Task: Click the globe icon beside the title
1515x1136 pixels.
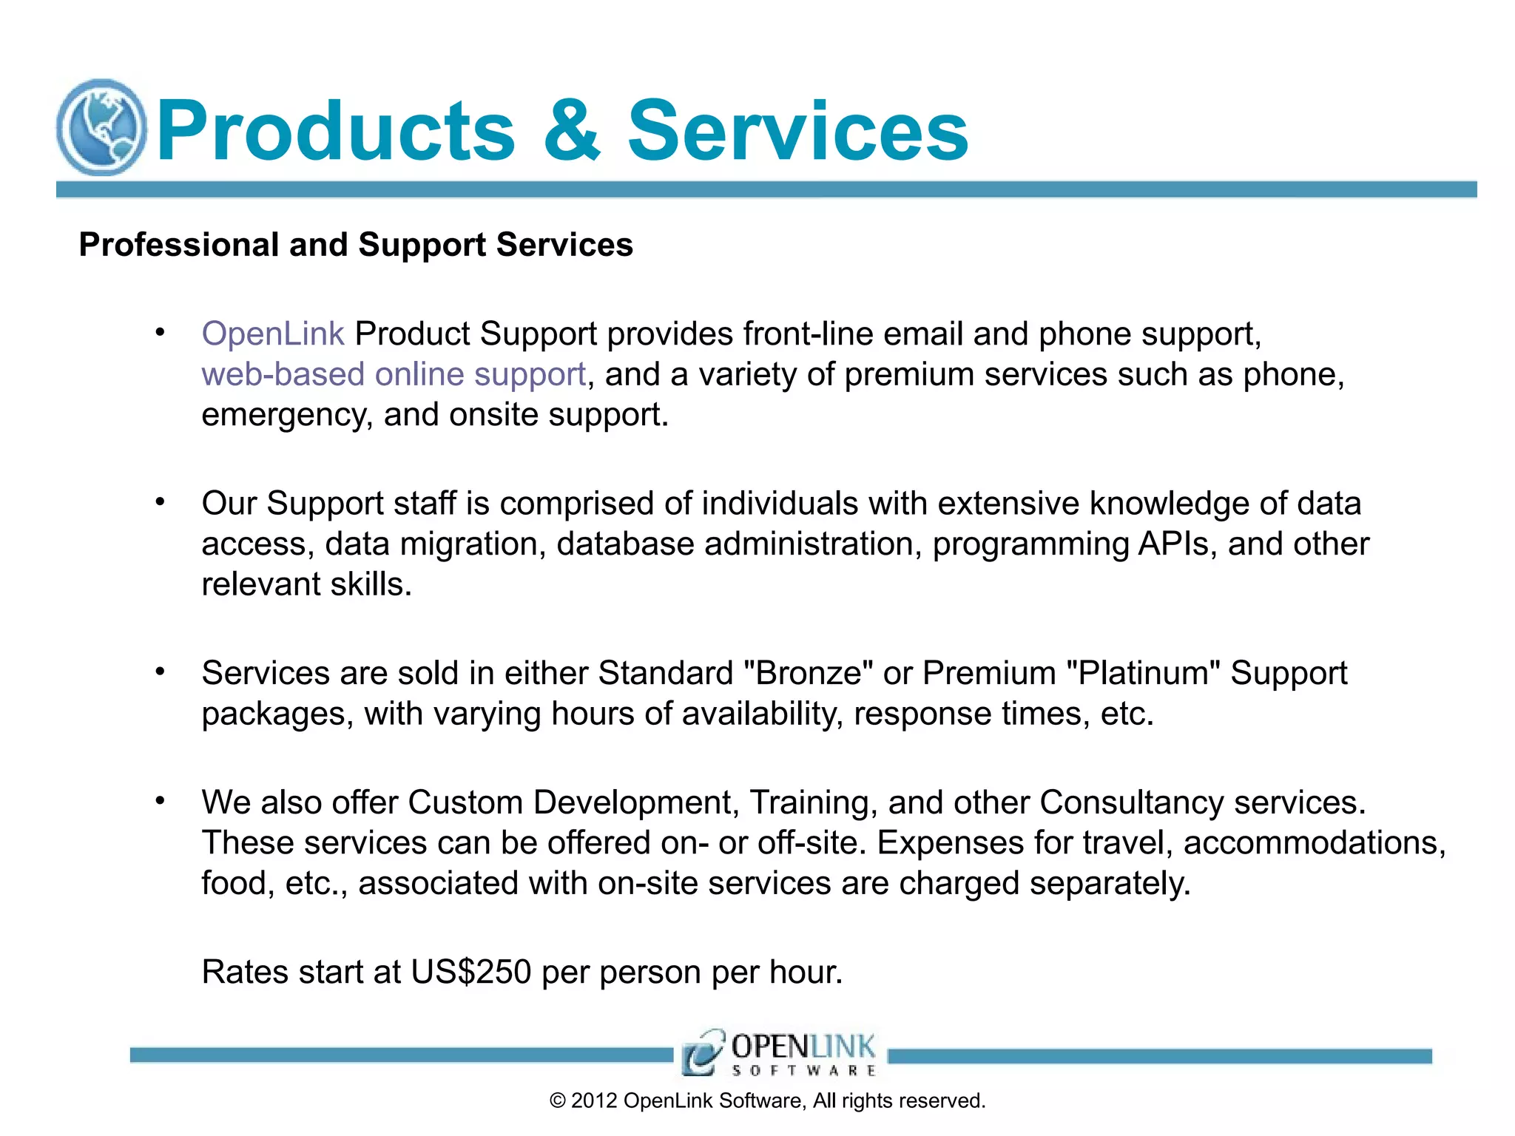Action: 101,128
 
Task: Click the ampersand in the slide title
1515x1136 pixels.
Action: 571,131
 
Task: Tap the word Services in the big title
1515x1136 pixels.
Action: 797,131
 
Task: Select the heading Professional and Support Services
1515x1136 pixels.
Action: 356,245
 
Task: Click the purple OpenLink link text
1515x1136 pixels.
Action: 272,334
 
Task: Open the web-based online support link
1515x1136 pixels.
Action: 394,374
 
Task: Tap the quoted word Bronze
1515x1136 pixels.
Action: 809,674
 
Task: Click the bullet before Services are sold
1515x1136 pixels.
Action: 160,672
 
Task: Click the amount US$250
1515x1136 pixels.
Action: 471,972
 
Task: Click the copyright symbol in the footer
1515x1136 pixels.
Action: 557,1101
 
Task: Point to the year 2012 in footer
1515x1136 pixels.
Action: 594,1101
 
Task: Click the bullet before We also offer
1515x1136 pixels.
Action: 160,802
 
